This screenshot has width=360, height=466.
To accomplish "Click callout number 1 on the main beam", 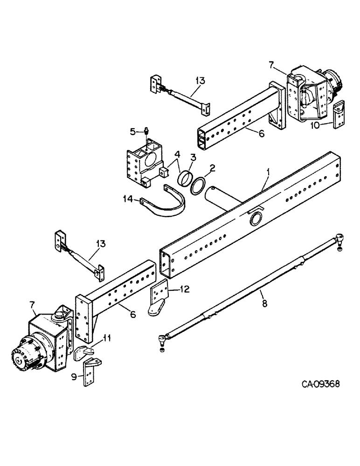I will click(x=268, y=172).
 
